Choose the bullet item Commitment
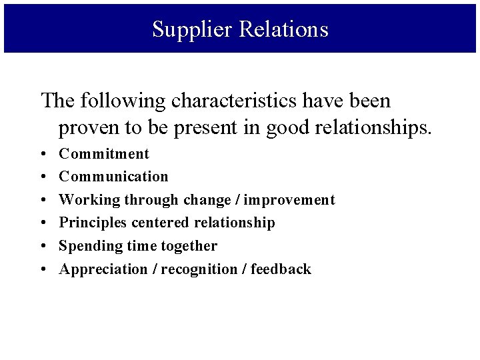[x=104, y=154]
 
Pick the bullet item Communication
[x=113, y=177]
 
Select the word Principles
[x=92, y=223]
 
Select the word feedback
[x=281, y=269]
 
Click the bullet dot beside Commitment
[x=43, y=155]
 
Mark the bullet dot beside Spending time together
[x=43, y=247]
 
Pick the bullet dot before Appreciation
[x=43, y=270]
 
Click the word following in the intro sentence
[x=123, y=101]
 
